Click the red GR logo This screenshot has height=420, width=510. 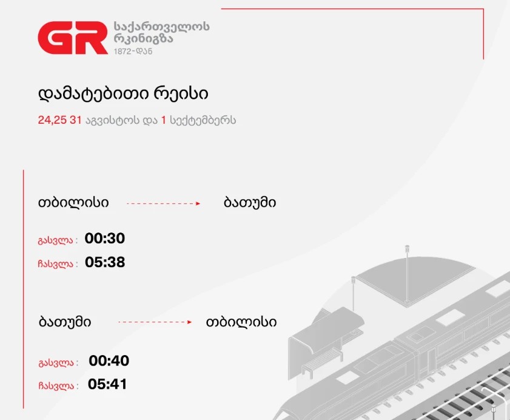[x=73, y=38]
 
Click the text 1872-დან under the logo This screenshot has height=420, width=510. [x=133, y=51]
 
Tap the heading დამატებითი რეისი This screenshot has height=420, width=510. [x=123, y=94]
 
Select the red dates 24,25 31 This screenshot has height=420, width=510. [x=59, y=120]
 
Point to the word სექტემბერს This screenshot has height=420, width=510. [x=203, y=120]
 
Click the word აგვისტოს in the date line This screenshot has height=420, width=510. [x=113, y=120]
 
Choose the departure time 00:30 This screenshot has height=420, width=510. [x=105, y=239]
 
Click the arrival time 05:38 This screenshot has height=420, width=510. [x=105, y=262]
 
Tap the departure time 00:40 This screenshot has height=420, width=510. [x=109, y=361]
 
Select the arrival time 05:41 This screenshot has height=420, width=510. [x=107, y=384]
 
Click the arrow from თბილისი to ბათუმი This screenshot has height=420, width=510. [x=163, y=203]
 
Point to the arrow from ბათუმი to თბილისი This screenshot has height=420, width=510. [x=155, y=322]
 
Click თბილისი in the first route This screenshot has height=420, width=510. [x=73, y=203]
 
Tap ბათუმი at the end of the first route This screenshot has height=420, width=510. [x=250, y=203]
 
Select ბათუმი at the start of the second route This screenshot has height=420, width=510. [x=65, y=322]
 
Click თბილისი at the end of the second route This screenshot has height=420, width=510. [x=241, y=322]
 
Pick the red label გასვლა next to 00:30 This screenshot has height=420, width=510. [x=56, y=240]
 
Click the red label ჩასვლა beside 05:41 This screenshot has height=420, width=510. [x=56, y=386]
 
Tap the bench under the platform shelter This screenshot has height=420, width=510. [x=322, y=362]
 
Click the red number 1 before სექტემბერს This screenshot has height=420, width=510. [x=164, y=120]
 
